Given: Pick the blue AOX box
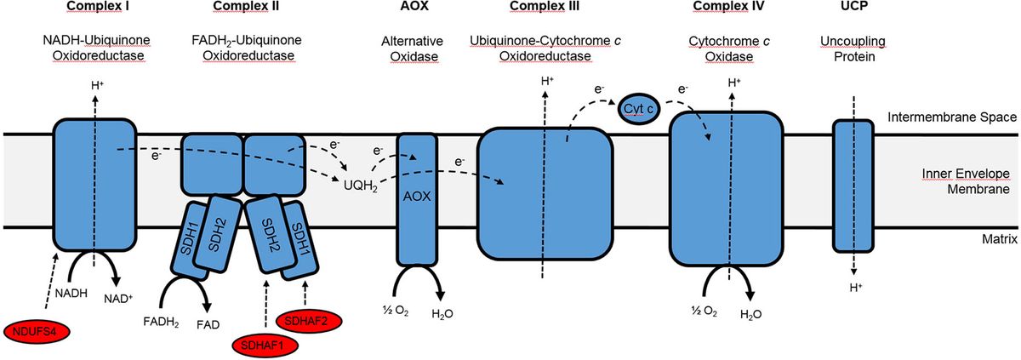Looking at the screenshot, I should coord(417,197).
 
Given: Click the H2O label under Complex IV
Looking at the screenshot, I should coord(750,313).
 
